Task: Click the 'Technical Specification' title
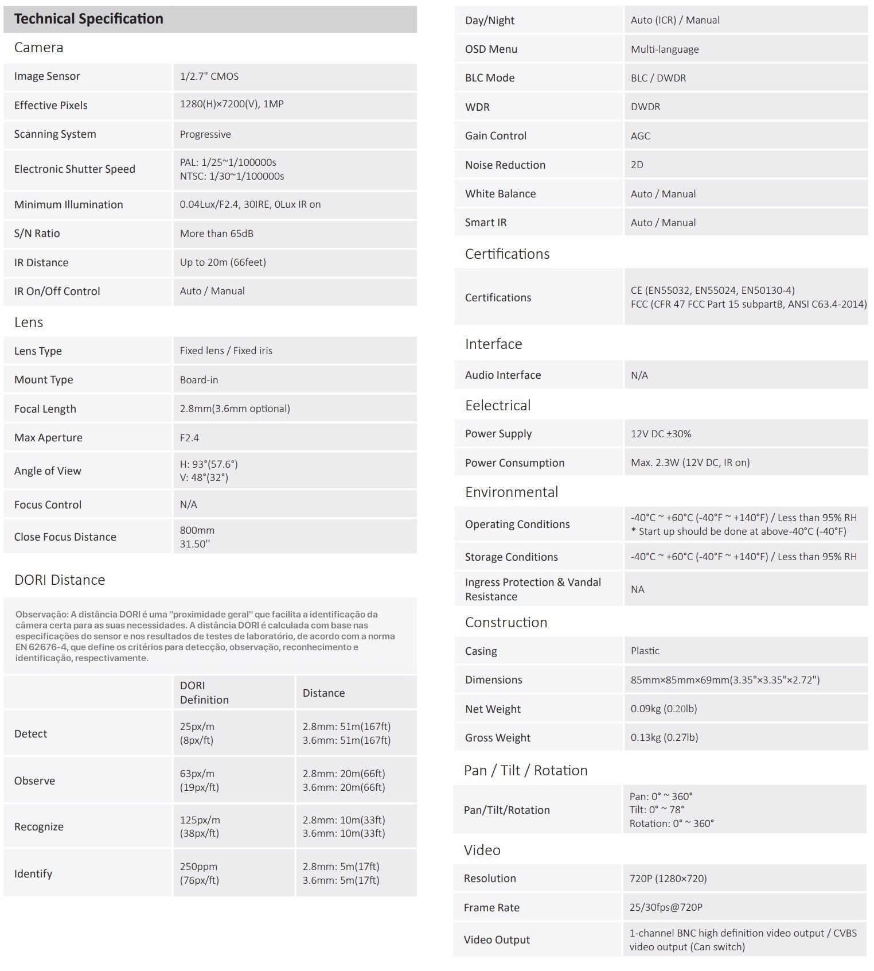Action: [88, 19]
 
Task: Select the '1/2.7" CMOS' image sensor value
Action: [209, 76]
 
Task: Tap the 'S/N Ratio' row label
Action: [37, 234]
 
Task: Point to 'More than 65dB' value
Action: [216, 234]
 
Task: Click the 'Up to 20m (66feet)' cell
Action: [223, 262]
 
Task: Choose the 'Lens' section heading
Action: [29, 323]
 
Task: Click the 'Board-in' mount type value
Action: [198, 380]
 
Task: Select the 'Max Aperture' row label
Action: [48, 438]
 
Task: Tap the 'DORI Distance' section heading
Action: [60, 580]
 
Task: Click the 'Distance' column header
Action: [323, 693]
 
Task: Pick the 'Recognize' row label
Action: [38, 827]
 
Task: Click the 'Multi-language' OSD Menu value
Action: [664, 49]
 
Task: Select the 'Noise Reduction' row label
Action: [505, 165]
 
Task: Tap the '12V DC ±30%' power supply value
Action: [661, 434]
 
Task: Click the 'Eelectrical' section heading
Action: [497, 406]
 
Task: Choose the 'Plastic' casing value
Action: [645, 651]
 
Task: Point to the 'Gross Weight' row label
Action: [497, 738]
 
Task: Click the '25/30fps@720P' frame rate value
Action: [665, 907]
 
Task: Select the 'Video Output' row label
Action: [497, 940]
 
